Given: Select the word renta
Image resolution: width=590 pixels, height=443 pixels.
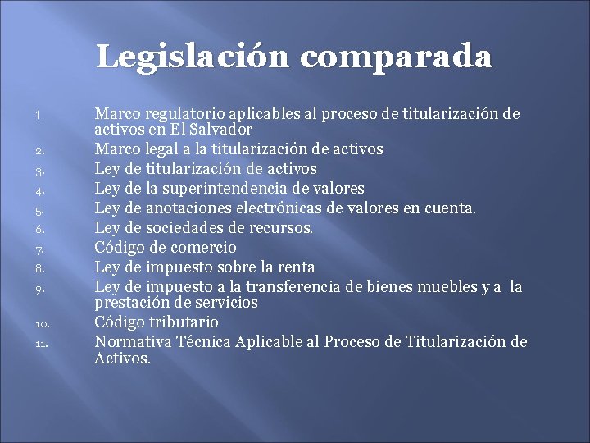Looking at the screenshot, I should coord(295,267).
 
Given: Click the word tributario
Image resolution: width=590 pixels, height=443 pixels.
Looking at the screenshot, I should coord(184,322).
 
